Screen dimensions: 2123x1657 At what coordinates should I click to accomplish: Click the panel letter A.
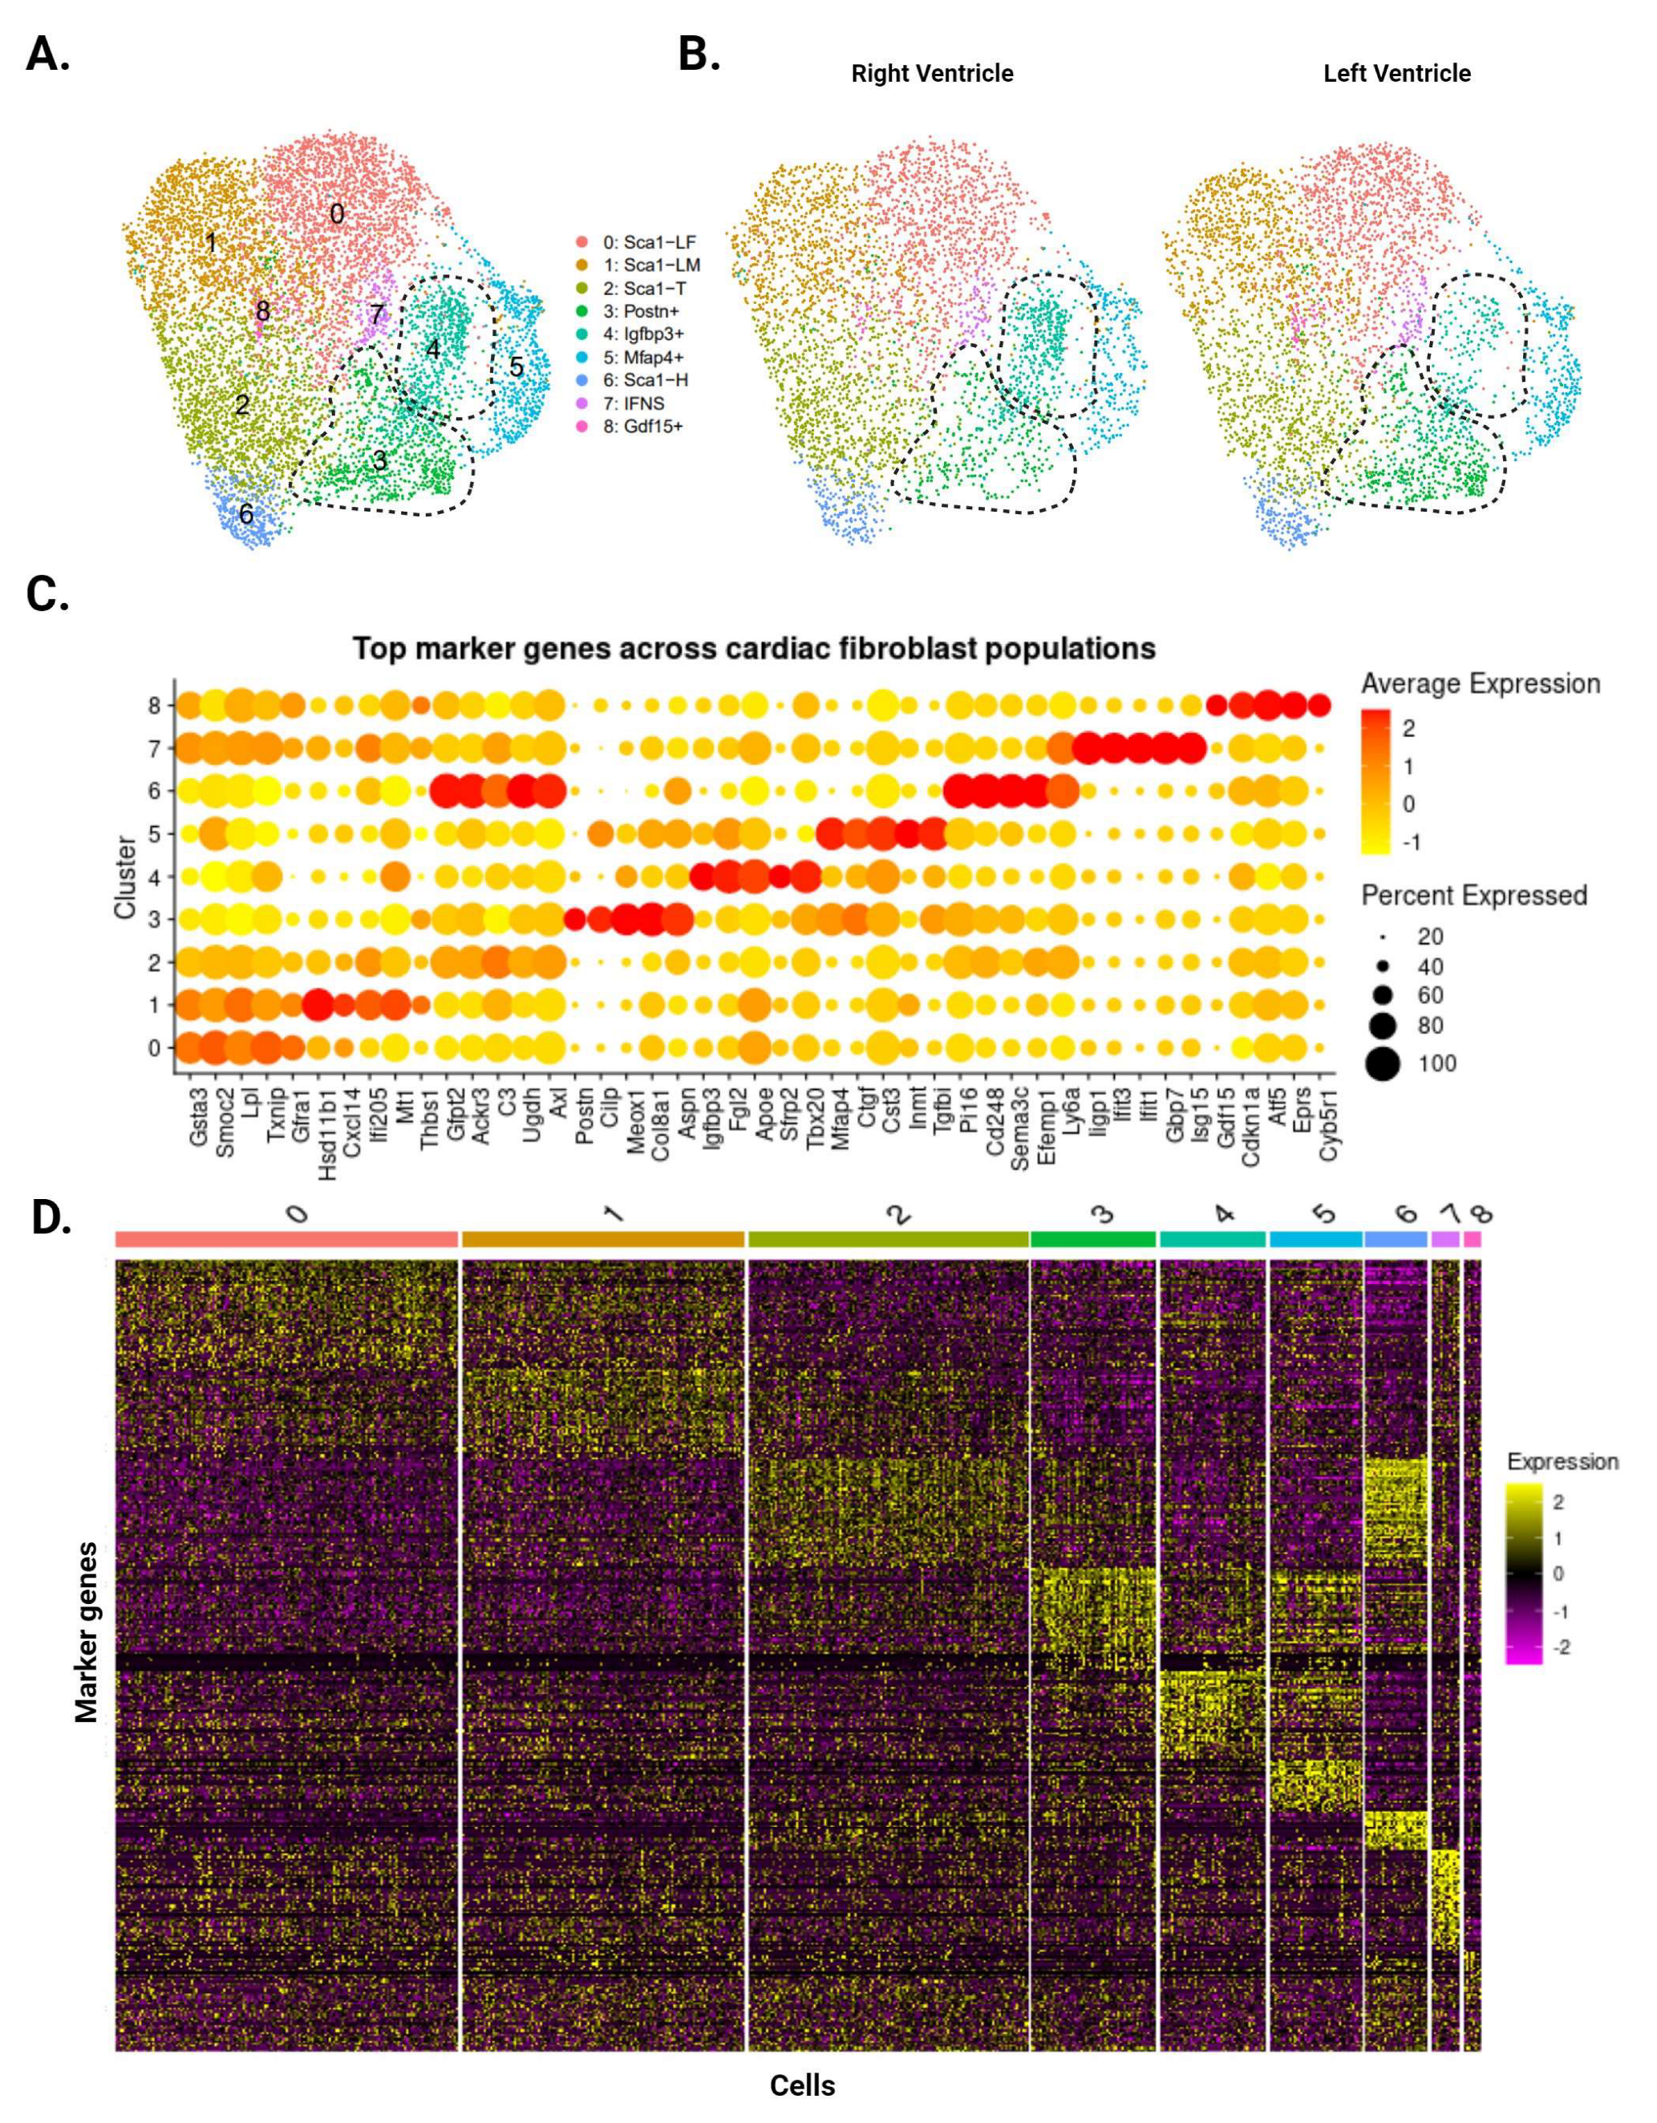(x=47, y=55)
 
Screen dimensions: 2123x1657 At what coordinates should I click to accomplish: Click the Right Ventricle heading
(x=932, y=74)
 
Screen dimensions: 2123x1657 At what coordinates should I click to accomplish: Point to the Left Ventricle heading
(x=1396, y=74)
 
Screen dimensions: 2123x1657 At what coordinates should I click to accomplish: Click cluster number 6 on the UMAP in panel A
(x=246, y=513)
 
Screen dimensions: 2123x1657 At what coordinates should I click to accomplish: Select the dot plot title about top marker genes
(x=753, y=648)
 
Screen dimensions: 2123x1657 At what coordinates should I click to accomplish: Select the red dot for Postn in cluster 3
(x=574, y=918)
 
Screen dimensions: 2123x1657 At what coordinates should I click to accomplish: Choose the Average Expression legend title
(x=1479, y=684)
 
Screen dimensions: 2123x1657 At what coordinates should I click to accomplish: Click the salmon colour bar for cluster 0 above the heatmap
(x=286, y=1239)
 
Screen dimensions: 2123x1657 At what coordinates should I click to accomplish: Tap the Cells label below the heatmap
(x=802, y=2085)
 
